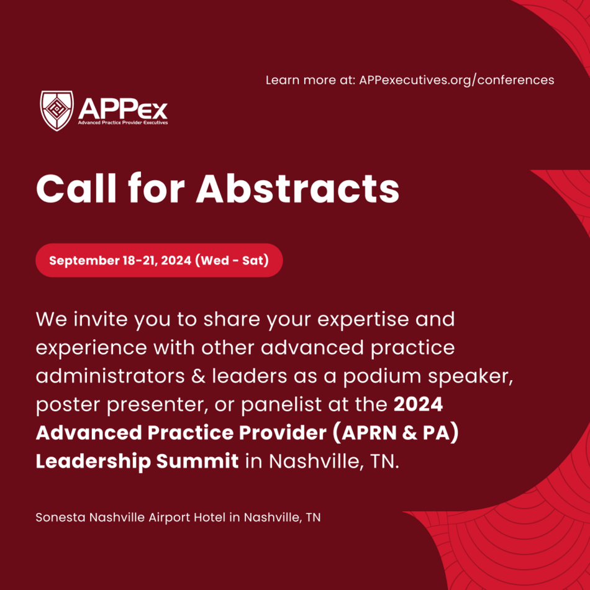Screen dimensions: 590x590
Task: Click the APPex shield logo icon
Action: tap(57, 111)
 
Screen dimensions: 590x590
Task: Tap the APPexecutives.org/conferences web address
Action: tap(456, 80)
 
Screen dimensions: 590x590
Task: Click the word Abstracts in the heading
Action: tap(297, 189)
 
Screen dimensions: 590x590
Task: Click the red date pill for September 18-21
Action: tap(159, 260)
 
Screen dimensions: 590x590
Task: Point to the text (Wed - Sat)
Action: tap(232, 260)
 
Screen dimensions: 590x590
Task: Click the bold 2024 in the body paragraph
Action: tap(418, 404)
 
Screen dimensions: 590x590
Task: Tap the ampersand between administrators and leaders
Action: tap(198, 376)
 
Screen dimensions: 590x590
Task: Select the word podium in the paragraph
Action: tap(382, 376)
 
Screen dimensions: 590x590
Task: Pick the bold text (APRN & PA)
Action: tap(396, 433)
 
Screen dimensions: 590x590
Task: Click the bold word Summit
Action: tap(197, 461)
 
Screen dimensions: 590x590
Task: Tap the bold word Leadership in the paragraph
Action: tap(93, 461)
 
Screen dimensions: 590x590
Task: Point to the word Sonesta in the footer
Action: tap(61, 517)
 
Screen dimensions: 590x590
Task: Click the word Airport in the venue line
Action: tap(170, 518)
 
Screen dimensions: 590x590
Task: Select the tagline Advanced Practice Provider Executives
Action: tap(123, 123)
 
